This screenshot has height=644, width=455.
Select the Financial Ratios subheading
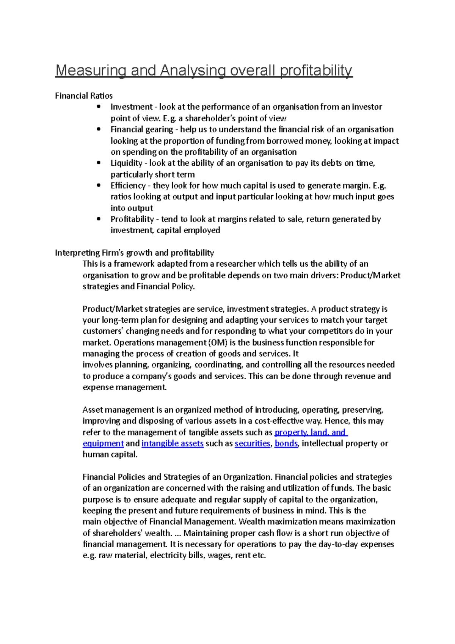tap(84, 96)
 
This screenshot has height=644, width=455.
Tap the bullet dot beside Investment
tap(99, 107)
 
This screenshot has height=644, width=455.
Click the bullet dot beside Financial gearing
tap(99, 129)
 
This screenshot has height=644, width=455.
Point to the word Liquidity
tap(126, 163)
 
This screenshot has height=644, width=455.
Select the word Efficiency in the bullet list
tap(128, 185)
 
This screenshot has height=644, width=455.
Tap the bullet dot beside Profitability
tap(99, 219)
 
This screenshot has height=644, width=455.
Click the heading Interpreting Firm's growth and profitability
tap(134, 253)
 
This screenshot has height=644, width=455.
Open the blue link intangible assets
tap(173, 443)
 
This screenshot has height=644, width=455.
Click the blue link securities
tap(252, 443)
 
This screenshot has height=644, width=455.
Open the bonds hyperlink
tap(286, 443)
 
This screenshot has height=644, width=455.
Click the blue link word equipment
tap(103, 443)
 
